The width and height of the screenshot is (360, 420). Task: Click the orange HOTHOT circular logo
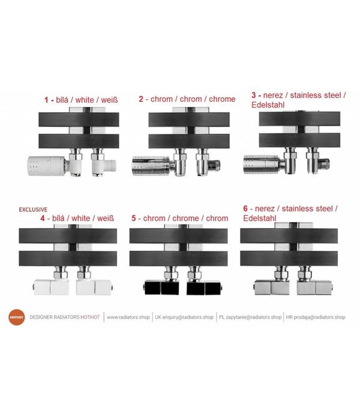tap(17, 317)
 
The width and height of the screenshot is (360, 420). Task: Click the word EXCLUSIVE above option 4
tap(33, 209)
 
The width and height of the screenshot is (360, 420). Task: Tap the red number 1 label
tap(46, 100)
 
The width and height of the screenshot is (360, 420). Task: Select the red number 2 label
tap(141, 99)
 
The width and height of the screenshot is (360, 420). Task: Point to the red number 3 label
tap(253, 95)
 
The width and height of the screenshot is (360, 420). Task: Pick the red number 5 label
tap(134, 218)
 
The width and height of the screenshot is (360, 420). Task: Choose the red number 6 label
tap(245, 208)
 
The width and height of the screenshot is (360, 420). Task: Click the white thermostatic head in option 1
tap(47, 166)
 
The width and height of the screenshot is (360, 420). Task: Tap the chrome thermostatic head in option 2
tap(151, 166)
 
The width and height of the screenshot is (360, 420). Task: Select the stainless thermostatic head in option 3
tap(262, 164)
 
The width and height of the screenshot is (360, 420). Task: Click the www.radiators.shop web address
tap(128, 317)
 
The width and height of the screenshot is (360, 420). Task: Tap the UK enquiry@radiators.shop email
tap(184, 317)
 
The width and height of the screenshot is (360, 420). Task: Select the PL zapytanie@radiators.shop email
tap(250, 317)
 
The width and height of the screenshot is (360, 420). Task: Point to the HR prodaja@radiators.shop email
tap(316, 317)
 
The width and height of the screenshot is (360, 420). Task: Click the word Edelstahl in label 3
tap(268, 105)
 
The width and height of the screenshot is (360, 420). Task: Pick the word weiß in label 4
tap(106, 218)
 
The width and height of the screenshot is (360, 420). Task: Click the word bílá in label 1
tap(62, 100)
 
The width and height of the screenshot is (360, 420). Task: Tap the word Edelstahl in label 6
tap(260, 218)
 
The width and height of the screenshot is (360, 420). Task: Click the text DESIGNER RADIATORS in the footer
tap(55, 317)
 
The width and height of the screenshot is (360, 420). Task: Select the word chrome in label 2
tap(222, 99)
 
